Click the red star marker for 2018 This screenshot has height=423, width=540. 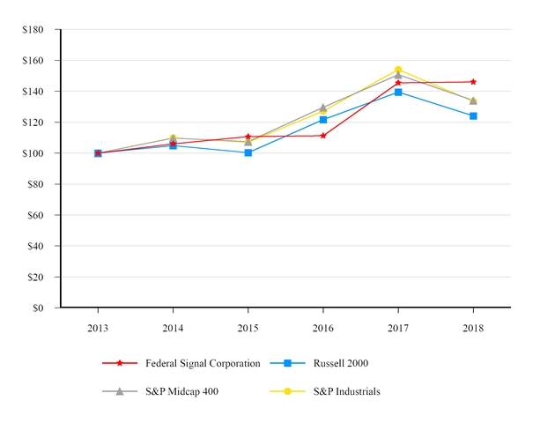[x=473, y=82]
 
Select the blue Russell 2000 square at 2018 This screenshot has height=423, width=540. [x=473, y=115]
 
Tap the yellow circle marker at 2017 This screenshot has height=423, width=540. [x=398, y=70]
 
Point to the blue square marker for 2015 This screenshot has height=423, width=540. [x=248, y=152]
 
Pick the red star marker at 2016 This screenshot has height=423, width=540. [x=323, y=136]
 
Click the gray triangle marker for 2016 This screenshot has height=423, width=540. [x=323, y=108]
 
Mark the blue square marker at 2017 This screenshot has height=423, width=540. [x=398, y=92]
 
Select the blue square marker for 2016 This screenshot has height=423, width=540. [x=323, y=120]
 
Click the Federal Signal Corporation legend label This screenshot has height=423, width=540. [x=203, y=363]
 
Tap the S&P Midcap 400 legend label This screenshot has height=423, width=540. [x=182, y=391]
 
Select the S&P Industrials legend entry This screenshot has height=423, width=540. [x=347, y=391]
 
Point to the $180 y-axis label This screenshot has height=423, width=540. [x=33, y=30]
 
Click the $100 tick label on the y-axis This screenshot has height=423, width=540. [x=33, y=153]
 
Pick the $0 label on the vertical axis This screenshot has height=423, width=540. [x=39, y=308]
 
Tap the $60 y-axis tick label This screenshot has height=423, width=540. [x=36, y=215]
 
